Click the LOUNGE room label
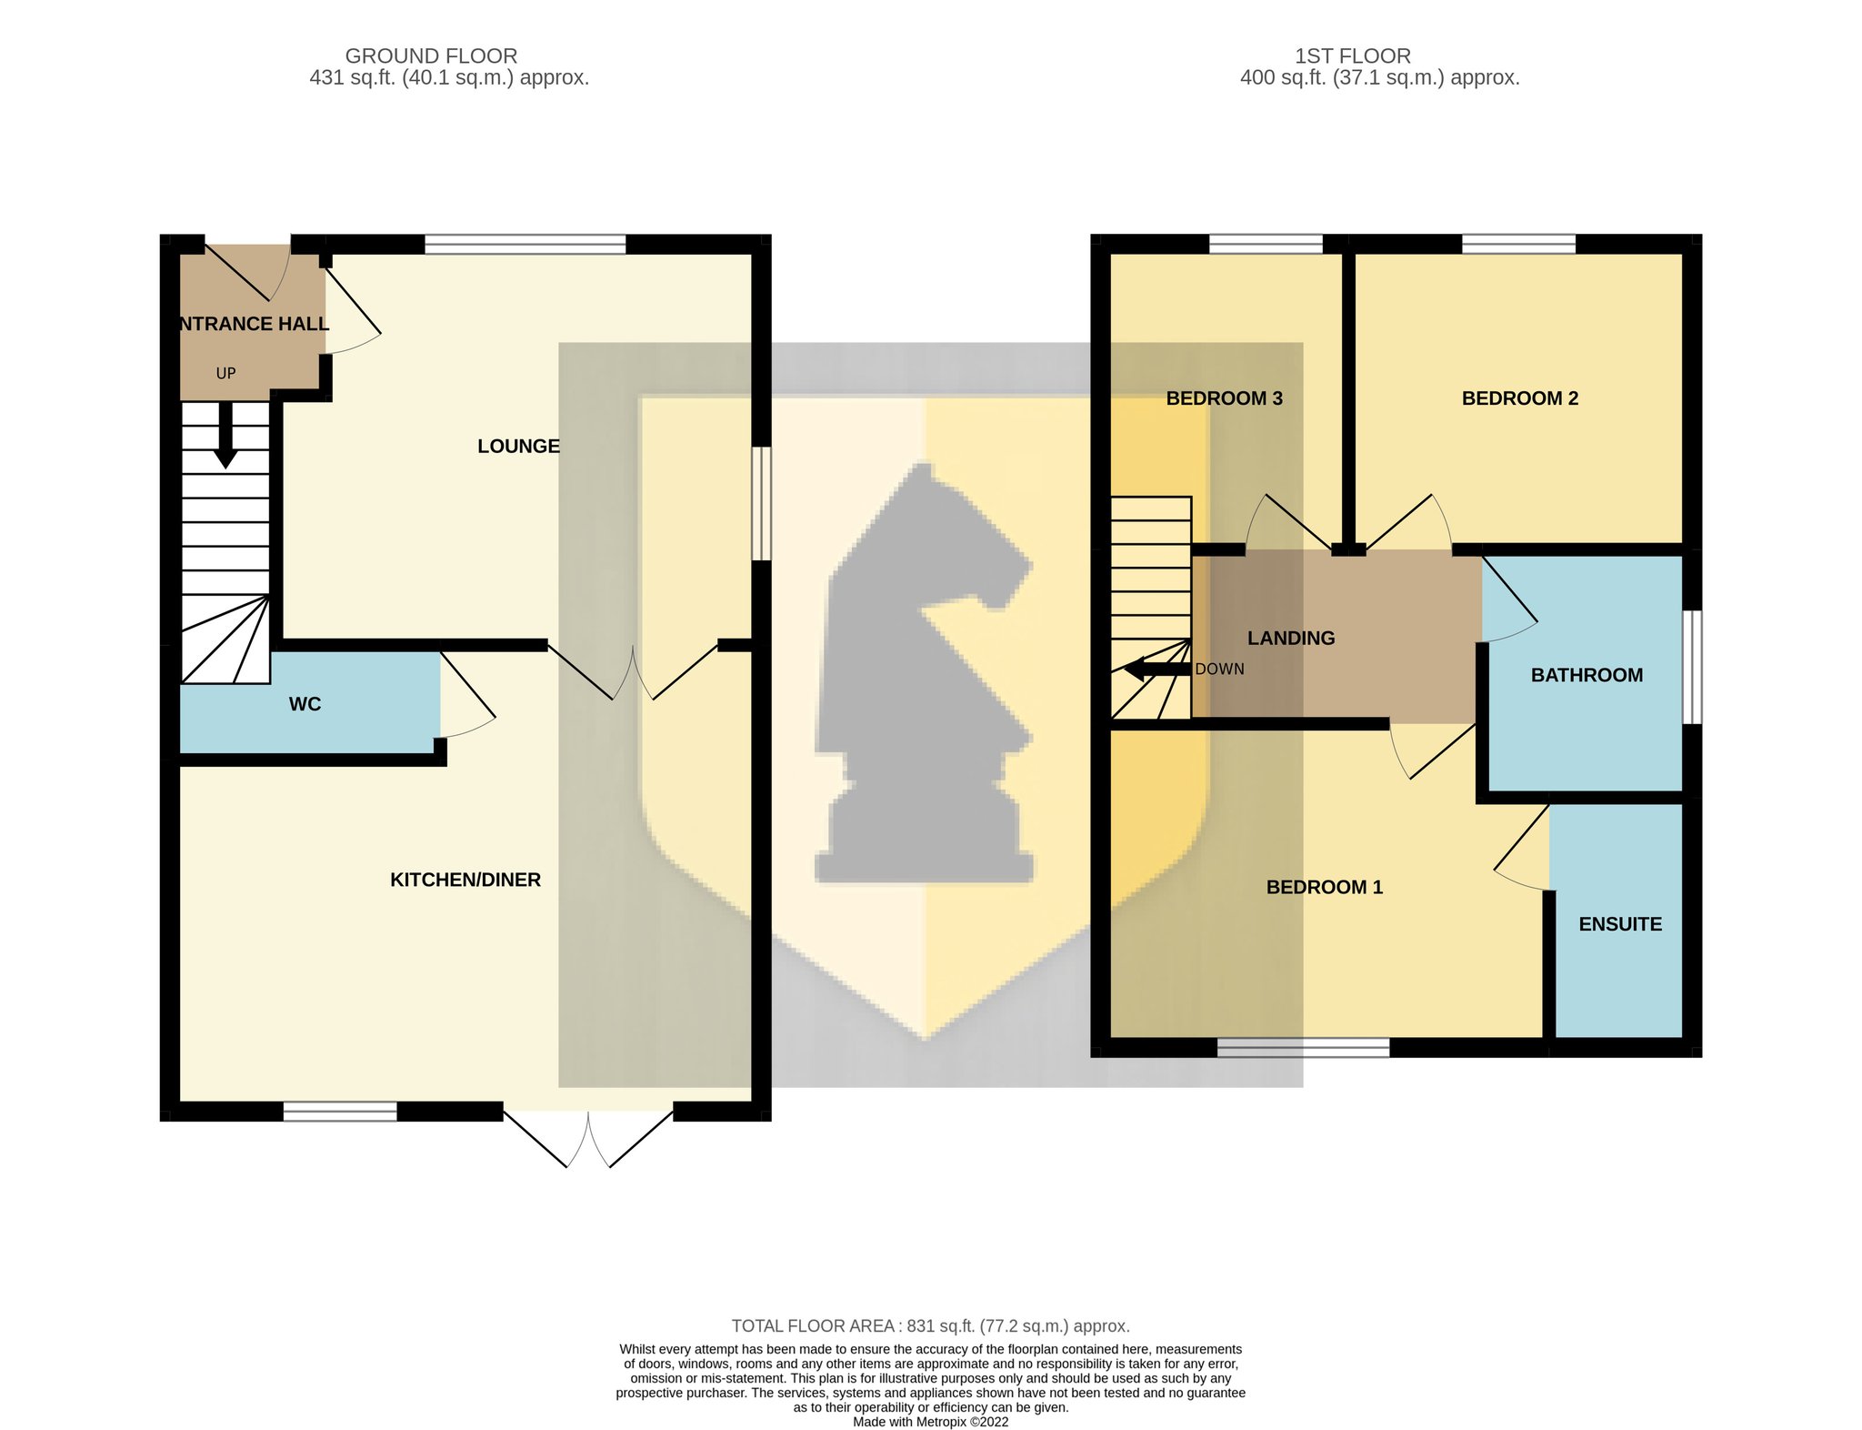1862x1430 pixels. click(x=518, y=446)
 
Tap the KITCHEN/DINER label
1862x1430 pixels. click(x=465, y=880)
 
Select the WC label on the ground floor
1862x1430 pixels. click(x=305, y=704)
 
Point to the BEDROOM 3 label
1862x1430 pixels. click(x=1224, y=398)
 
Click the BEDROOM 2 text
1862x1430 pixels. click(x=1520, y=398)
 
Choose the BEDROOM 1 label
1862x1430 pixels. click(x=1325, y=887)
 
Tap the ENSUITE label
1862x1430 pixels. click(x=1620, y=924)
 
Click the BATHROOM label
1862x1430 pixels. click(x=1587, y=675)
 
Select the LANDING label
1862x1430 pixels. click(x=1291, y=639)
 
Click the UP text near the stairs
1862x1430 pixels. click(x=225, y=373)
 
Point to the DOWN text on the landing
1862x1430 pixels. click(x=1219, y=670)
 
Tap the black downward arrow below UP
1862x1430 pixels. click(x=225, y=435)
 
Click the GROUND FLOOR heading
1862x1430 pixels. click(x=431, y=56)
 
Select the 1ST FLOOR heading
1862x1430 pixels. click(x=1353, y=56)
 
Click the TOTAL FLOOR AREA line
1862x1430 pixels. click(x=931, y=1326)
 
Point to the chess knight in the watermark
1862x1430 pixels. click(x=925, y=673)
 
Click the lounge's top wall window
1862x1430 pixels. click(x=526, y=244)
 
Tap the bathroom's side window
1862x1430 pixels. click(x=1692, y=667)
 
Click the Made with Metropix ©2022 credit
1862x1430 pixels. click(x=931, y=1422)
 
